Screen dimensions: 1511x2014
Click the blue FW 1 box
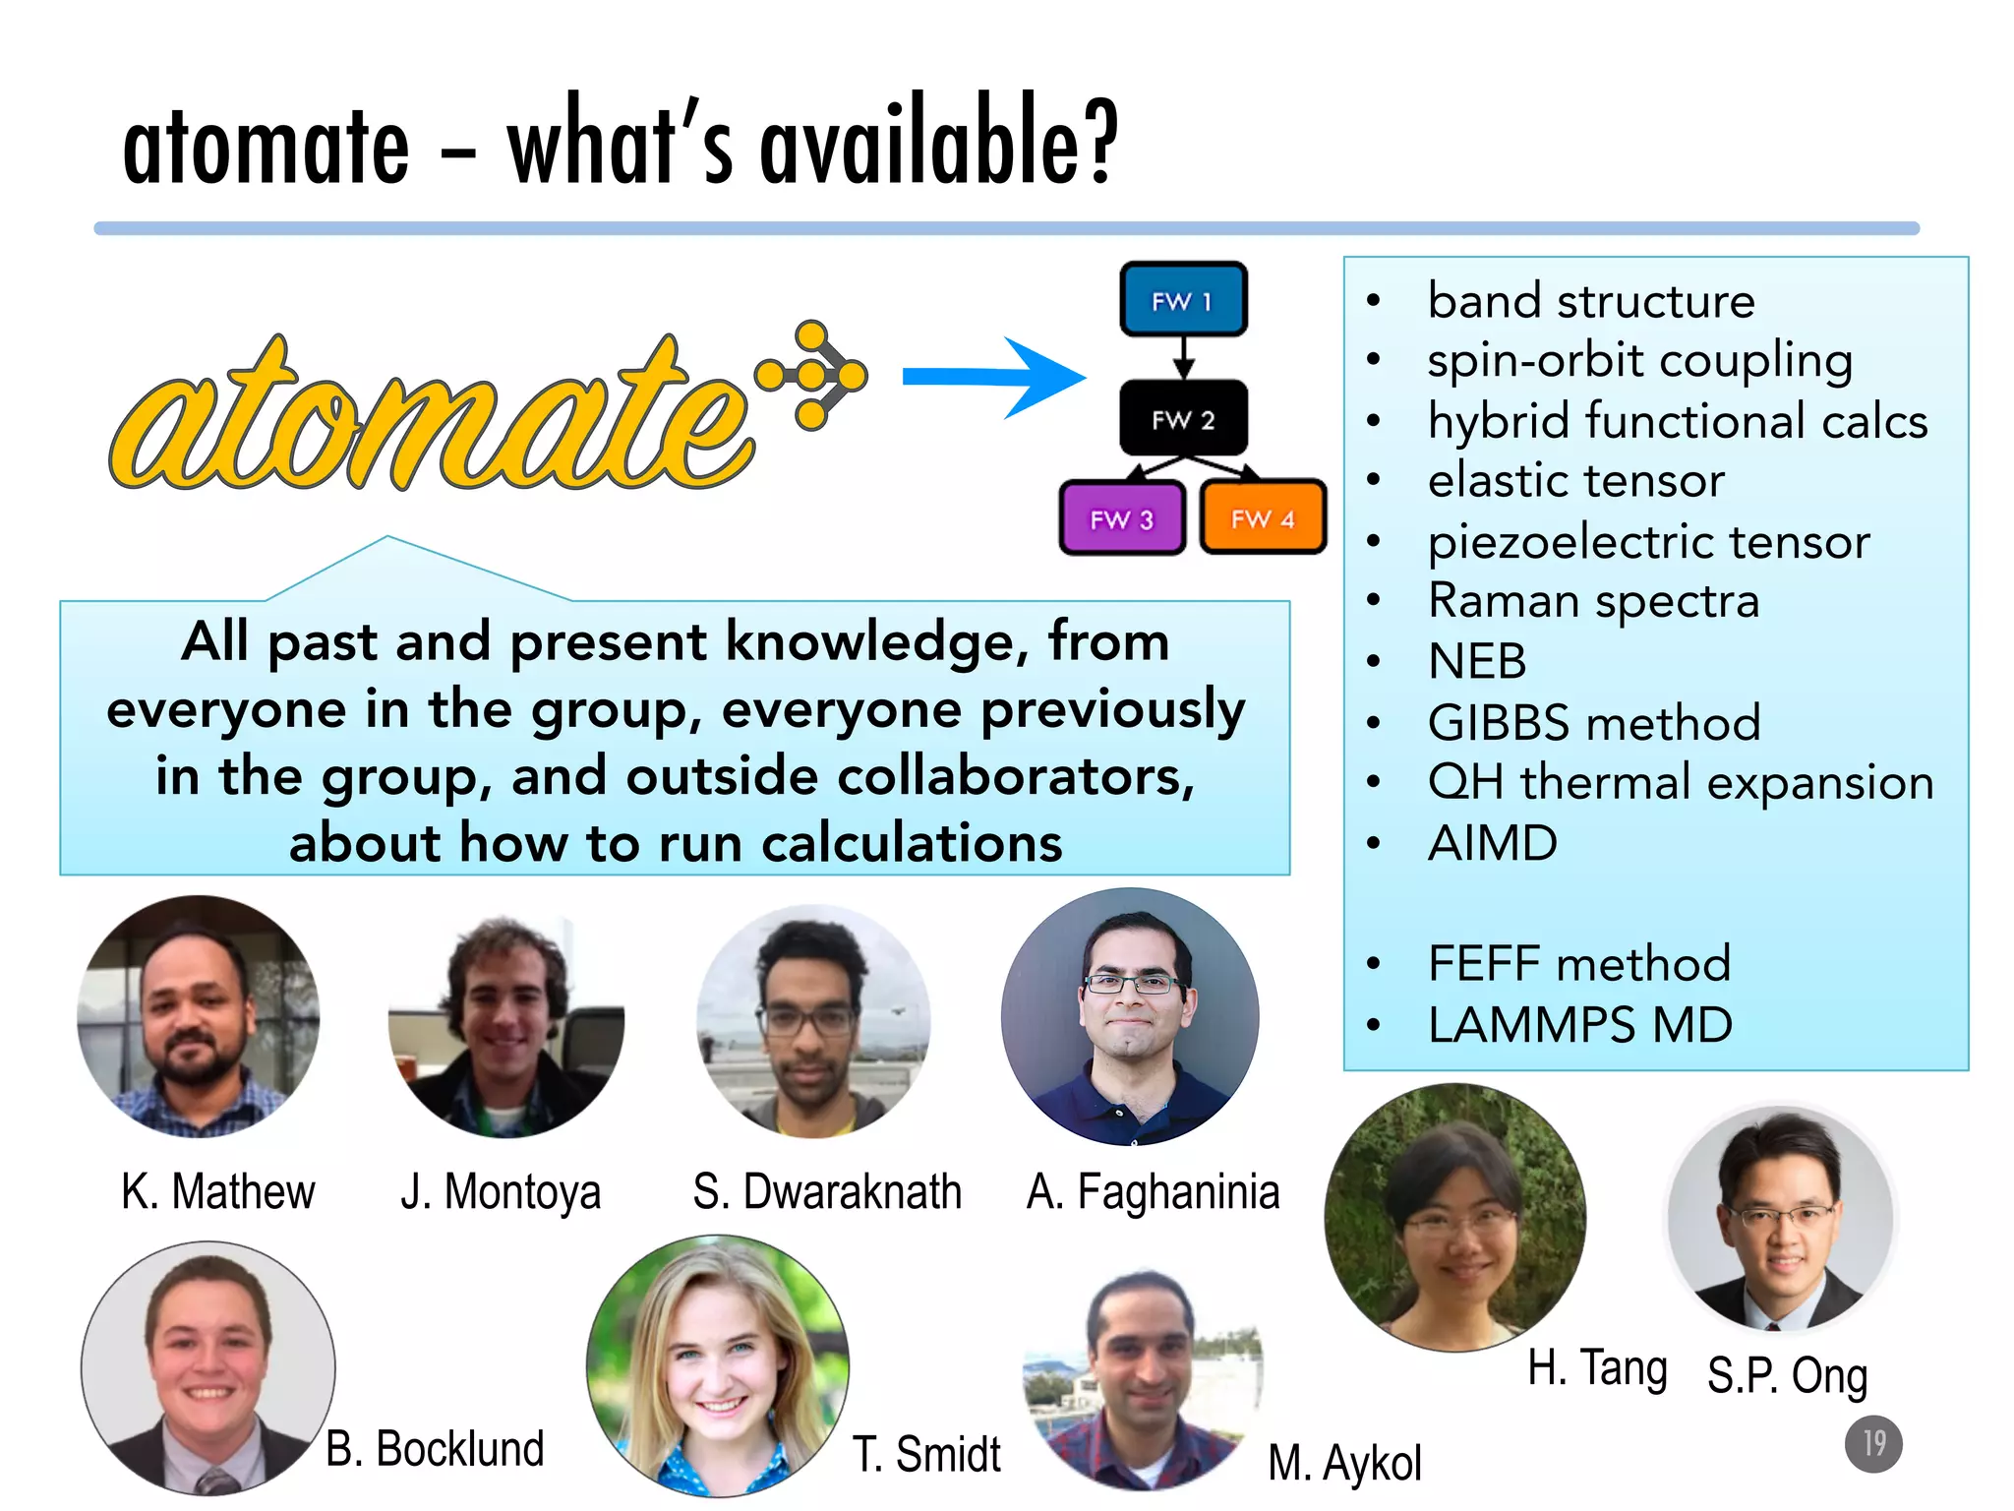(x=1183, y=299)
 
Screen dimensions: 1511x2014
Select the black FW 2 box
(x=1183, y=418)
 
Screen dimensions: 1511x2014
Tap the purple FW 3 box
(x=1122, y=518)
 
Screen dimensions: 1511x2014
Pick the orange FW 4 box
(x=1263, y=517)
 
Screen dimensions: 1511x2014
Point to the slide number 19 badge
(x=1872, y=1443)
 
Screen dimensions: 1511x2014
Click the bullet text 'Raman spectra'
(x=1593, y=601)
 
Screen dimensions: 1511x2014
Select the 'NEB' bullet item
(x=1477, y=661)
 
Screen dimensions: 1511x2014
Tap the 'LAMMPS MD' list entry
(x=1579, y=1025)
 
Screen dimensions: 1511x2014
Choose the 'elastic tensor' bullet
(x=1575, y=481)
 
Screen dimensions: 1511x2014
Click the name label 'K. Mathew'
(x=218, y=1191)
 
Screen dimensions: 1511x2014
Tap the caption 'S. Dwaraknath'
(x=826, y=1191)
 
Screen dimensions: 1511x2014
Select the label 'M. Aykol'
(x=1344, y=1462)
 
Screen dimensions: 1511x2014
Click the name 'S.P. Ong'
(x=1787, y=1374)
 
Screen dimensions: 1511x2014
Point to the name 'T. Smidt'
(x=925, y=1454)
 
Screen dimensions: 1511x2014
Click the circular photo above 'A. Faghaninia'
(x=1130, y=1016)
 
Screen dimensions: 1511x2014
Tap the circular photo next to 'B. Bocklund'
(x=207, y=1367)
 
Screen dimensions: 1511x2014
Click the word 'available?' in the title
(x=939, y=143)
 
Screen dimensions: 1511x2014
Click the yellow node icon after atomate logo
(x=812, y=375)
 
